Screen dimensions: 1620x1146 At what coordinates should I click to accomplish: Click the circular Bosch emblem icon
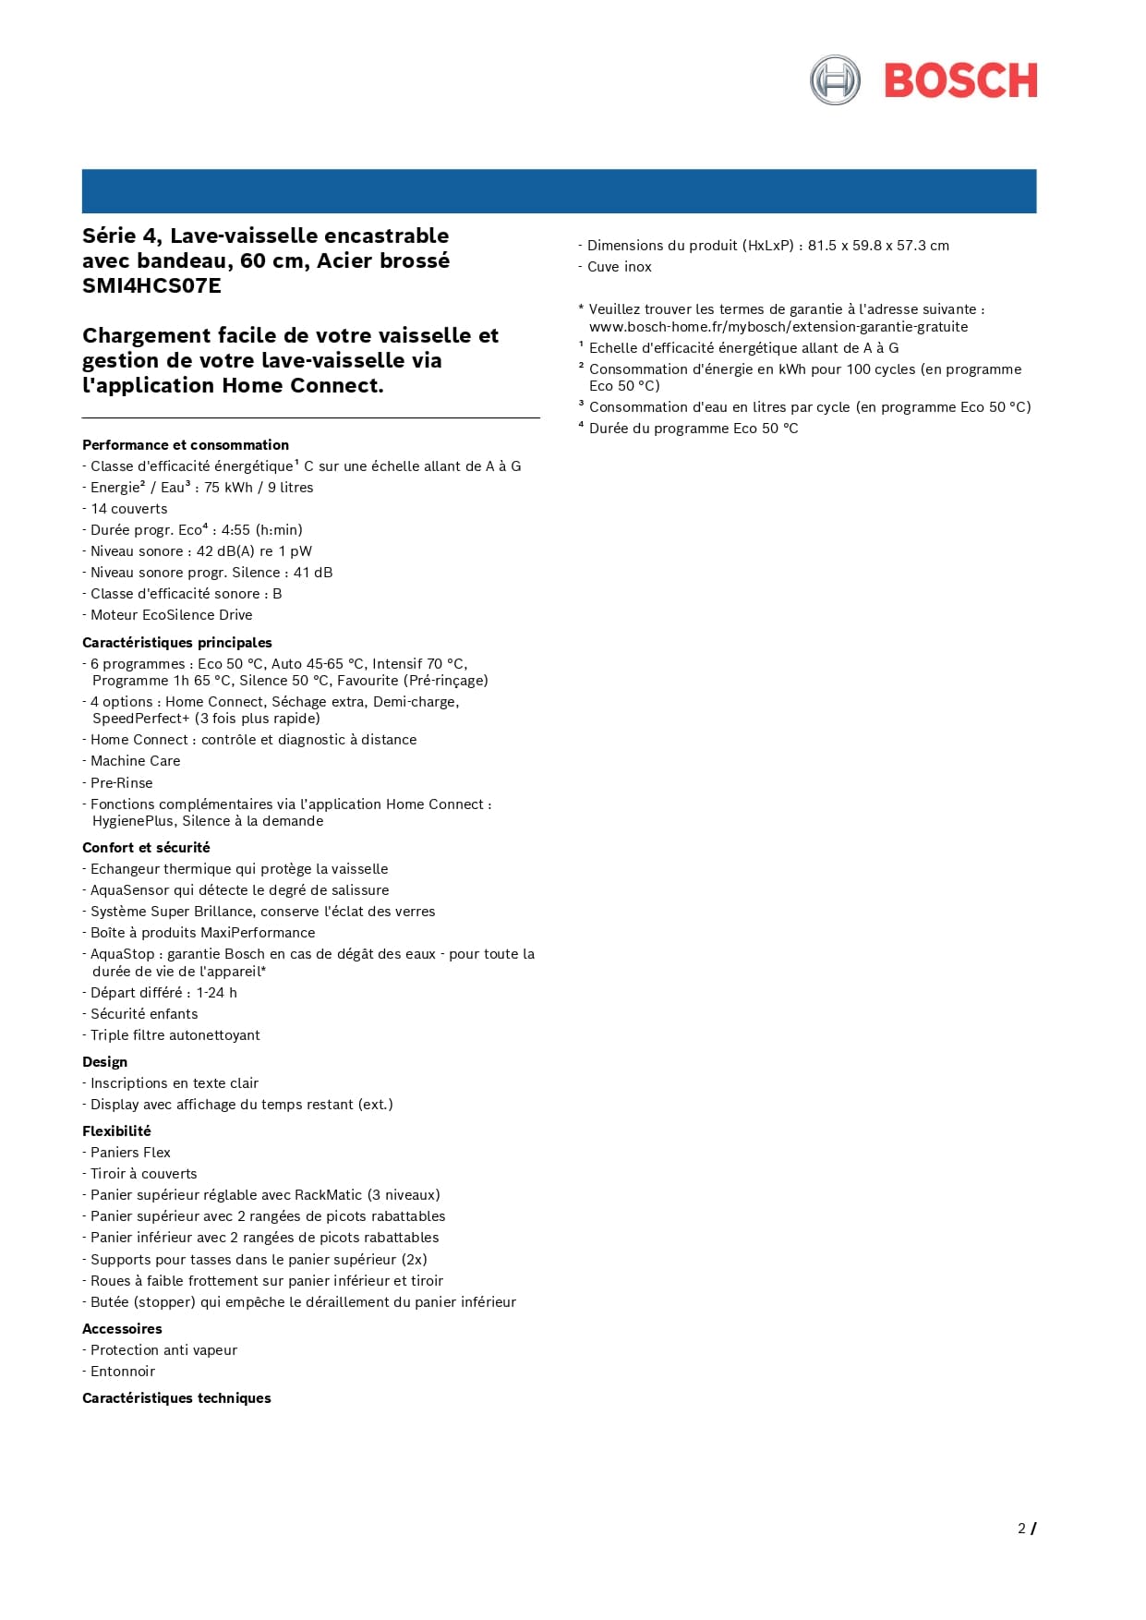point(835,80)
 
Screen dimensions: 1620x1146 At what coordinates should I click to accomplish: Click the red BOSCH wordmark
point(960,81)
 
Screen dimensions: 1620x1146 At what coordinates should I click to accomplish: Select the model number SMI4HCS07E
point(151,286)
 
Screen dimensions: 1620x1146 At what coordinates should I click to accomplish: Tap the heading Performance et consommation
point(186,445)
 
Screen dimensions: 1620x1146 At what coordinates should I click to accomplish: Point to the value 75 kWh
point(228,488)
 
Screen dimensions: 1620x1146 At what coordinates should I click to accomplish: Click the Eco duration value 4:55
point(235,530)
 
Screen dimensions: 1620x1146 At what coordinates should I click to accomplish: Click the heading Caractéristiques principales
point(177,643)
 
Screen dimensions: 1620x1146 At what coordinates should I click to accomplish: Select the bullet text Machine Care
point(135,761)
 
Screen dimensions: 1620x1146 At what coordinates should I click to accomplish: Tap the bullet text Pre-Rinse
point(121,783)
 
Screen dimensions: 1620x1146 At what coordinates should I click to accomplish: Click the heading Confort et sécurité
point(146,848)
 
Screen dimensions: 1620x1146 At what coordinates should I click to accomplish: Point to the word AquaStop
point(123,954)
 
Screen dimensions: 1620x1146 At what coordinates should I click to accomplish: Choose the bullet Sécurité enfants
point(143,1014)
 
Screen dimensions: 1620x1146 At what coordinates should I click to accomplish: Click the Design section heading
point(105,1062)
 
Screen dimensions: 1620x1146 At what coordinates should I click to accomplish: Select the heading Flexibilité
point(116,1131)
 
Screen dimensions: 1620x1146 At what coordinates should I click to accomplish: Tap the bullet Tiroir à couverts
point(143,1174)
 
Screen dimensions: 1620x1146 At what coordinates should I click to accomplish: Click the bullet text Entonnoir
point(122,1372)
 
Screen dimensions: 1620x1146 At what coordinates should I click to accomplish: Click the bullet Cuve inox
point(619,267)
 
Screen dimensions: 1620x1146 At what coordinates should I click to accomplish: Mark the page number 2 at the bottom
point(1021,1529)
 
